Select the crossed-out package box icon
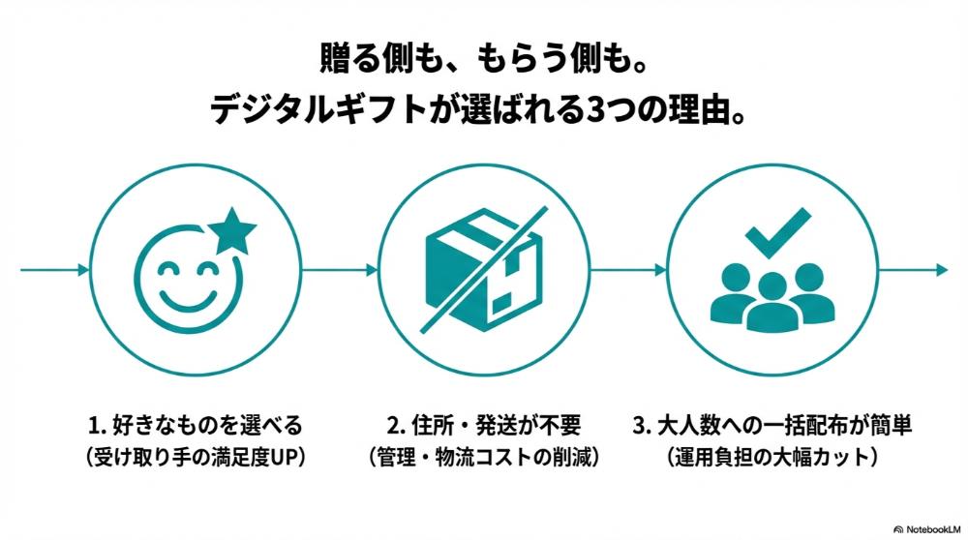click(x=483, y=265)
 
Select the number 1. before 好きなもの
click(x=97, y=425)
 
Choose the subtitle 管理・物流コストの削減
click(x=484, y=456)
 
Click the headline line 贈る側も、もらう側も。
click(x=483, y=59)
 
